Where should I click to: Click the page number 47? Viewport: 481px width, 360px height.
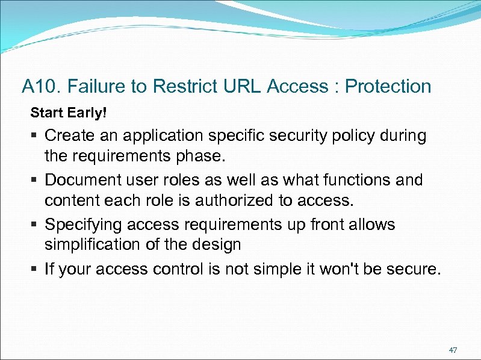453,350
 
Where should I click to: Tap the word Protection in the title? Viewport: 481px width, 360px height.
388,87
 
